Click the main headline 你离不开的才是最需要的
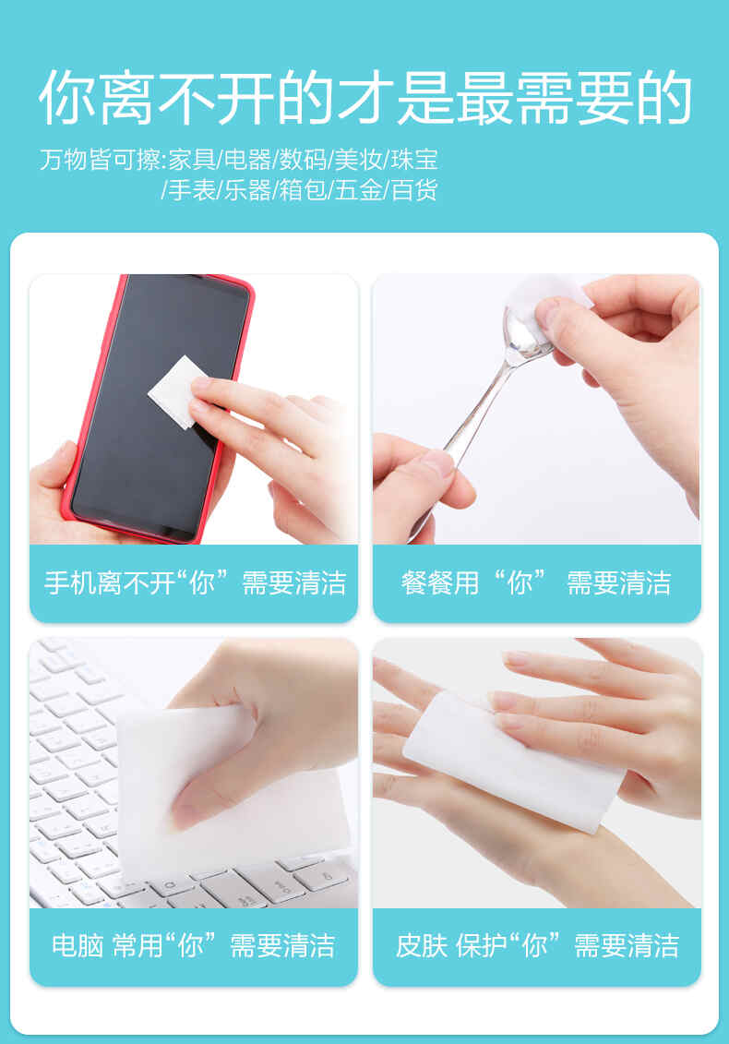pyautogui.click(x=365, y=97)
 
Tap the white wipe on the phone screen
pyautogui.click(x=174, y=391)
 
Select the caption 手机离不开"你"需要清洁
pyautogui.click(x=195, y=582)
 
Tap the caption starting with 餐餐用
pyautogui.click(x=536, y=582)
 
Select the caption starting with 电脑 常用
pyautogui.click(x=193, y=945)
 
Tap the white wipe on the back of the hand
pyautogui.click(x=513, y=759)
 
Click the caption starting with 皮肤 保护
pyautogui.click(x=536, y=945)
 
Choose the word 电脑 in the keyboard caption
pyautogui.click(x=78, y=945)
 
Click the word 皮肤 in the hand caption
pyautogui.click(x=421, y=945)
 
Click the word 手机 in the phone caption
pyautogui.click(x=69, y=582)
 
